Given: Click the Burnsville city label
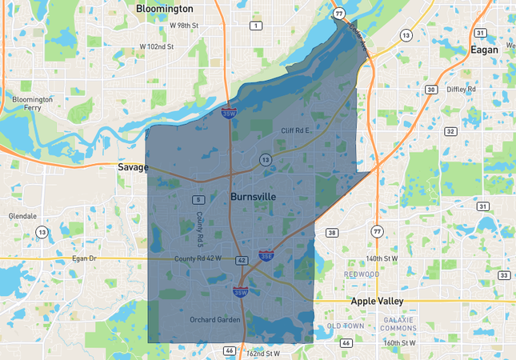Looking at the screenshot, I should click(253, 196).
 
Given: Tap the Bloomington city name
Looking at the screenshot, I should click(164, 8).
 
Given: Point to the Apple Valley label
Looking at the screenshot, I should click(377, 301).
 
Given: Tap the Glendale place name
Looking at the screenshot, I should click(22, 216).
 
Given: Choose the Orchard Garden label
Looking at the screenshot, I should click(214, 320).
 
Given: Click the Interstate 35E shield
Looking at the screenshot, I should click(266, 256).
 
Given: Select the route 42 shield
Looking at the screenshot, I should click(242, 260).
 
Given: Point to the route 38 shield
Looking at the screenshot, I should click(332, 233).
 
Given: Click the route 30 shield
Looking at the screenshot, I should click(431, 90).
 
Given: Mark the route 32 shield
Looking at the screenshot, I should click(450, 131).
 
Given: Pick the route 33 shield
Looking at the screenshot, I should click(503, 275).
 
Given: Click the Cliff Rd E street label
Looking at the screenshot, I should click(297, 130).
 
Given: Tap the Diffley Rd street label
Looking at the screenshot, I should click(461, 89).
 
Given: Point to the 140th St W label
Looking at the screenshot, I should click(382, 258).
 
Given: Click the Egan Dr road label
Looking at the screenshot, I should click(82, 258).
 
